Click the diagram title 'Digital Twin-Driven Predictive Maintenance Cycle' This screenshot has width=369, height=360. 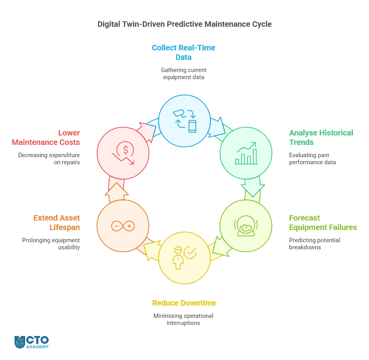(184, 24)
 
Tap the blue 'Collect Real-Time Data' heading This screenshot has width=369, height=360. (183, 52)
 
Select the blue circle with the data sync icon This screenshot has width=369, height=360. (184, 120)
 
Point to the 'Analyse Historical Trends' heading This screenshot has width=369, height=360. (321, 137)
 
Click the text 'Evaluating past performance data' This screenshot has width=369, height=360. (312, 159)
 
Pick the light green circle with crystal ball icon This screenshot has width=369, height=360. (245, 226)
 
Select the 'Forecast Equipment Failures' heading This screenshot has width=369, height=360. (323, 223)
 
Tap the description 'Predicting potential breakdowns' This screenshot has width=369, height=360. (314, 244)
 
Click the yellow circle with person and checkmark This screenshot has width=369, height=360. (184, 258)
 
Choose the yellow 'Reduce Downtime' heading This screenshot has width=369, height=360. (184, 303)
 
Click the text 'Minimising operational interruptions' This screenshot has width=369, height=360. (183, 319)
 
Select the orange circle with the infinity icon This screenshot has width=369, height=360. (123, 226)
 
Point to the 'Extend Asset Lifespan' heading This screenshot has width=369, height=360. (57, 223)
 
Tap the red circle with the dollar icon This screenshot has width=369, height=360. (123, 153)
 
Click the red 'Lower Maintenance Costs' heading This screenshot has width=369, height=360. (46, 137)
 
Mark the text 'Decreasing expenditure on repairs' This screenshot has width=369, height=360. (49, 159)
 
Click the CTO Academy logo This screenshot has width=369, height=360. (31, 342)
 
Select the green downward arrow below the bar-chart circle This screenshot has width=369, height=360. (252, 188)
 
